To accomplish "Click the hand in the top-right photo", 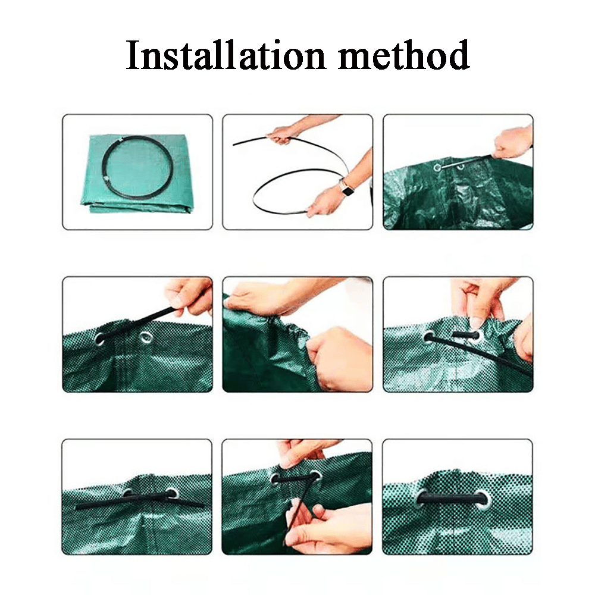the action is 512,142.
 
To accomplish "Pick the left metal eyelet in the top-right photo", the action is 437,167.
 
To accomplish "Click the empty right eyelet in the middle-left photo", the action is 145,336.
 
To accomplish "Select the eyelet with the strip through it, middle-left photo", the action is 100,338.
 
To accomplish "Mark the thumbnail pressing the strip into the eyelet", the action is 475,323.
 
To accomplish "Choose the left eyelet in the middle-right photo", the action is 429,336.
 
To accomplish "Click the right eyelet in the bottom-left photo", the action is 171,494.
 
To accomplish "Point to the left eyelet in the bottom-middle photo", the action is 277,479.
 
